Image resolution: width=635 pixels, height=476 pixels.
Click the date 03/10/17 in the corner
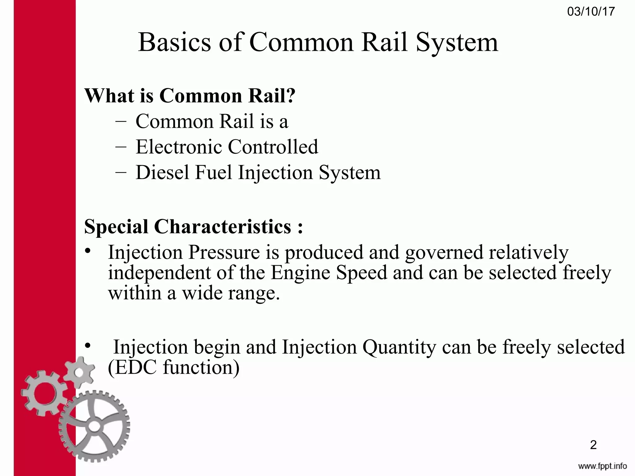591,12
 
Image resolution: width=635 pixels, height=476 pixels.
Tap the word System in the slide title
457,43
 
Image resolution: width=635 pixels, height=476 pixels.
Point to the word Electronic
178,147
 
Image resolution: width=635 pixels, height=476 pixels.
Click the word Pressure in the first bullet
224,252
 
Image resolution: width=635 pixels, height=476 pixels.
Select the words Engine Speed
329,273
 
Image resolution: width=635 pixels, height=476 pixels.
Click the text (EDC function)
174,367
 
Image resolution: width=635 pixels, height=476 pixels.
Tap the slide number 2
593,445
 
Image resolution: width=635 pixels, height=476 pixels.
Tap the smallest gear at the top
80,372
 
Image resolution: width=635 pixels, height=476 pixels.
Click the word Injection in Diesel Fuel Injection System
275,173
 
